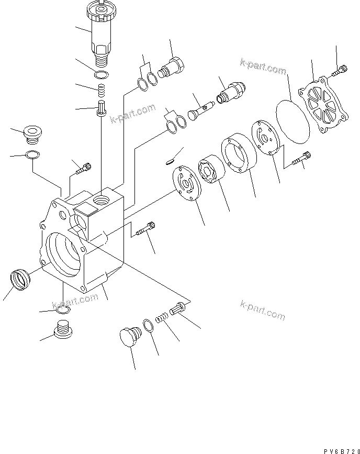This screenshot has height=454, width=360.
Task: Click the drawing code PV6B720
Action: [338, 449]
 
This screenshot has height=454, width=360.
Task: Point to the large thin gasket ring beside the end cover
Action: [293, 119]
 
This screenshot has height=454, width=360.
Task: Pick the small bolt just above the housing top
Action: [83, 168]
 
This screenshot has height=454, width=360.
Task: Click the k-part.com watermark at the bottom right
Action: [263, 309]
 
